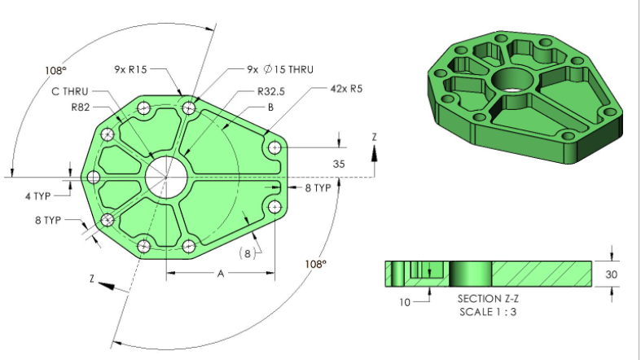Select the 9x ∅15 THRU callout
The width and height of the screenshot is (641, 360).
tap(280, 70)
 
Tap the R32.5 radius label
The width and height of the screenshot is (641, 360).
tap(271, 91)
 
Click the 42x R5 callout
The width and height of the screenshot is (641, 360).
tap(346, 89)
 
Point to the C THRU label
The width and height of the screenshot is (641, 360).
tap(69, 91)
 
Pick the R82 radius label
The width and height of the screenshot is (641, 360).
tap(81, 107)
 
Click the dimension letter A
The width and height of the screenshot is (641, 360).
tap(220, 274)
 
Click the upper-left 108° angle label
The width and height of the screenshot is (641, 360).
tap(56, 70)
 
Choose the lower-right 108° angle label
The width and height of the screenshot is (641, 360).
tap(315, 264)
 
